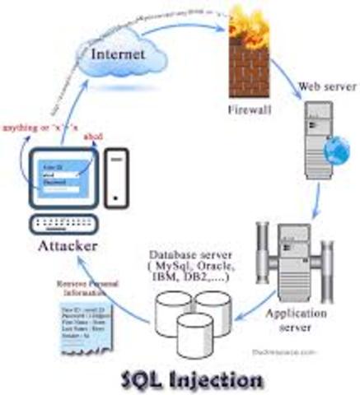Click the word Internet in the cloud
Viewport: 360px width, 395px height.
point(119,54)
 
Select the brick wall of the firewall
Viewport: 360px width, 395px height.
point(250,70)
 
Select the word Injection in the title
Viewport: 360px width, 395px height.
point(219,380)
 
